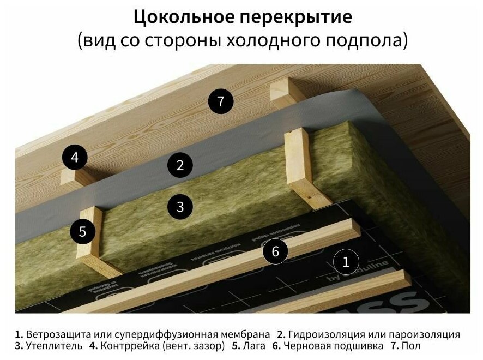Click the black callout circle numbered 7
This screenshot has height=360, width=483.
[x=220, y=101]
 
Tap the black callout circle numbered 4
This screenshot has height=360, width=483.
[x=75, y=158]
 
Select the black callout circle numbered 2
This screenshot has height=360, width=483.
[x=180, y=165]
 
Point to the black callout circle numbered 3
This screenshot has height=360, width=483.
[x=180, y=207]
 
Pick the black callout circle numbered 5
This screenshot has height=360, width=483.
[x=82, y=231]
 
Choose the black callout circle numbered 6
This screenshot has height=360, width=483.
[x=275, y=251]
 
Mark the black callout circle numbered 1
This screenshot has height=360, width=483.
[x=345, y=262]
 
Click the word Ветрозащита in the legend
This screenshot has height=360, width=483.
[x=54, y=334]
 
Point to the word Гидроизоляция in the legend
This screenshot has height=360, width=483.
[x=323, y=334]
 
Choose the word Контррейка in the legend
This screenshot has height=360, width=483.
[x=127, y=346]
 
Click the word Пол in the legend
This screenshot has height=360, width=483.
[x=413, y=346]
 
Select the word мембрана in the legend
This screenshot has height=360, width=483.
[x=245, y=334]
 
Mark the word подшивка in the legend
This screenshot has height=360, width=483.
[x=359, y=346]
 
